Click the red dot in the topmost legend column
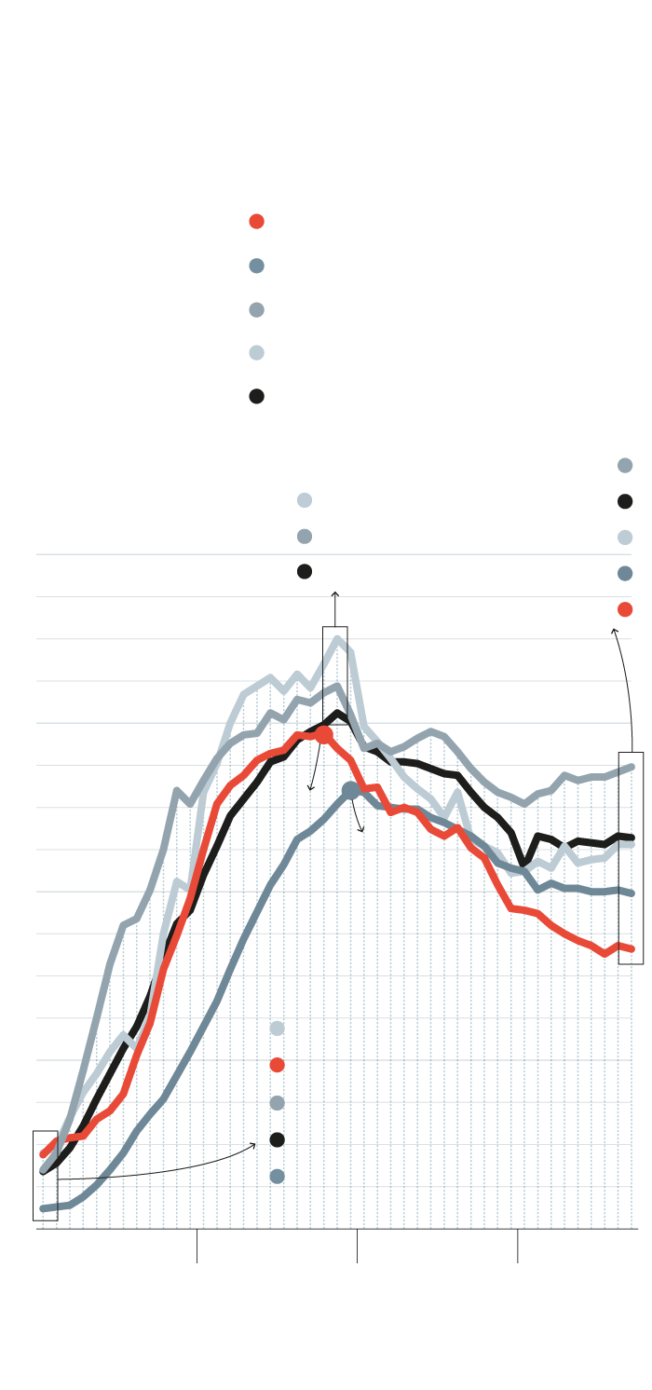pos(256,222)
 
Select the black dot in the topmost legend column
pos(256,396)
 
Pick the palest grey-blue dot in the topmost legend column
pos(256,352)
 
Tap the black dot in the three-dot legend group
pos(305,571)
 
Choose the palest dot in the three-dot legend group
pos(305,500)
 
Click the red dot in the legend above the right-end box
pos(625,609)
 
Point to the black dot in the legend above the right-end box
pos(625,501)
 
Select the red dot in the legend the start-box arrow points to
pos(277,1065)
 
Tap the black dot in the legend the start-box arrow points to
pos(277,1139)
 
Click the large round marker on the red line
pos(323,734)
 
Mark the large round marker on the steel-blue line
pos(350,790)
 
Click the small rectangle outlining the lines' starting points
pos(45,1176)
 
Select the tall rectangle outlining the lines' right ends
pos(631,857)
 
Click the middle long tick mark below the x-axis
pos(357,1246)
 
